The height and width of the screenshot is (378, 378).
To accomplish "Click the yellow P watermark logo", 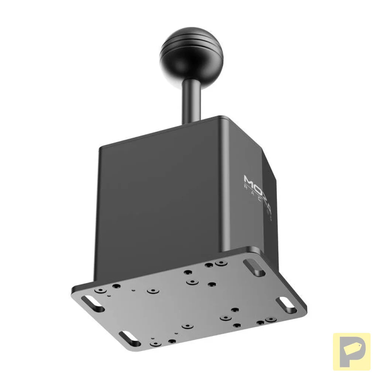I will (x=351, y=351).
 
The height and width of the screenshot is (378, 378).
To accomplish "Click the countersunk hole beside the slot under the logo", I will (x=221, y=263).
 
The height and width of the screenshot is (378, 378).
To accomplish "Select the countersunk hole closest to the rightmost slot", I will (x=271, y=319).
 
